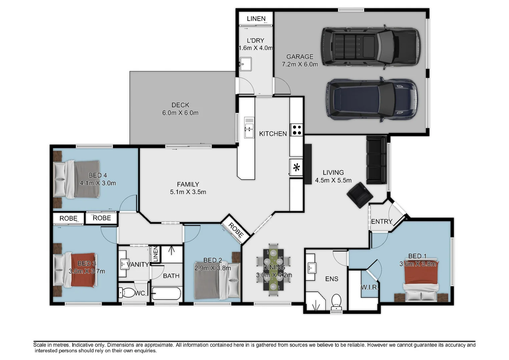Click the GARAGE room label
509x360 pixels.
pyautogui.click(x=300, y=57)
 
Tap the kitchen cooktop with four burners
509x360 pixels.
pyautogui.click(x=297, y=130)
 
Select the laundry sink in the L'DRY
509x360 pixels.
pyautogui.click(x=245, y=64)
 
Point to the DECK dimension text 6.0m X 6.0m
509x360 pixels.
pyautogui.click(x=180, y=113)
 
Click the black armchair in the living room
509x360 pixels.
pyautogui.click(x=360, y=195)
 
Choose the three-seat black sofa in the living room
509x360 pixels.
pyautogui.click(x=376, y=160)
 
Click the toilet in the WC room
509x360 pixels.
pyautogui.click(x=127, y=293)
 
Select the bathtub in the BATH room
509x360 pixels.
pyautogui.click(x=166, y=293)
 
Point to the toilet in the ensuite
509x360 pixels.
pyautogui.click(x=336, y=302)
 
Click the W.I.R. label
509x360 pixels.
pyautogui.click(x=370, y=287)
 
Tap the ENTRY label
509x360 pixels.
pyautogui.click(x=382, y=221)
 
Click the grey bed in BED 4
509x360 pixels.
pyautogui.click(x=76, y=179)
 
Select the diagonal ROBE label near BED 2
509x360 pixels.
pyautogui.click(x=236, y=230)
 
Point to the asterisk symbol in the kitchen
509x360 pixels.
pyautogui.click(x=297, y=168)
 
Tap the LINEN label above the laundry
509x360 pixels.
pyautogui.click(x=256, y=19)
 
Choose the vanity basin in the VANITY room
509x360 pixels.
pyautogui.click(x=124, y=264)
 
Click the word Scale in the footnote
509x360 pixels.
pyautogui.click(x=40, y=345)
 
